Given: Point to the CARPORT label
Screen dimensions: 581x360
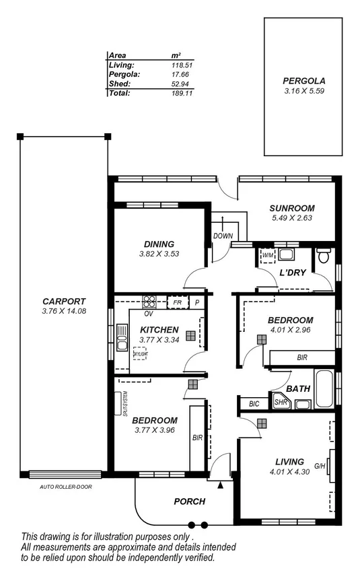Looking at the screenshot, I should [x=63, y=301].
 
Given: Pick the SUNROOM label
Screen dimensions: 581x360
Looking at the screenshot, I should [x=292, y=208].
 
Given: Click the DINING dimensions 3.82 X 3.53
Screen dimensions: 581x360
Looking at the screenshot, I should [x=159, y=254].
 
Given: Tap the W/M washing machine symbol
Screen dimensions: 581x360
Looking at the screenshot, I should [x=267, y=255].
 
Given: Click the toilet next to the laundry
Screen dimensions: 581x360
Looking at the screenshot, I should [x=324, y=255].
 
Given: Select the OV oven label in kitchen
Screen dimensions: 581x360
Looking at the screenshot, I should [x=147, y=314].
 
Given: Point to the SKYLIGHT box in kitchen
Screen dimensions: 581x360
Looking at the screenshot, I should [x=140, y=353].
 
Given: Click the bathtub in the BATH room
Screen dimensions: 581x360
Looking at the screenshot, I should [x=324, y=389].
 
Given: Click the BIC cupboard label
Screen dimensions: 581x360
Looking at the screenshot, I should [x=254, y=404].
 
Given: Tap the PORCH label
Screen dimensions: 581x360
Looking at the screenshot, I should [x=189, y=502].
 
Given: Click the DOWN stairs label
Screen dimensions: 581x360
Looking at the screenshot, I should [x=223, y=236].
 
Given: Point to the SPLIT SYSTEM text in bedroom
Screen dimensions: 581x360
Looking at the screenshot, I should [x=126, y=404].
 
